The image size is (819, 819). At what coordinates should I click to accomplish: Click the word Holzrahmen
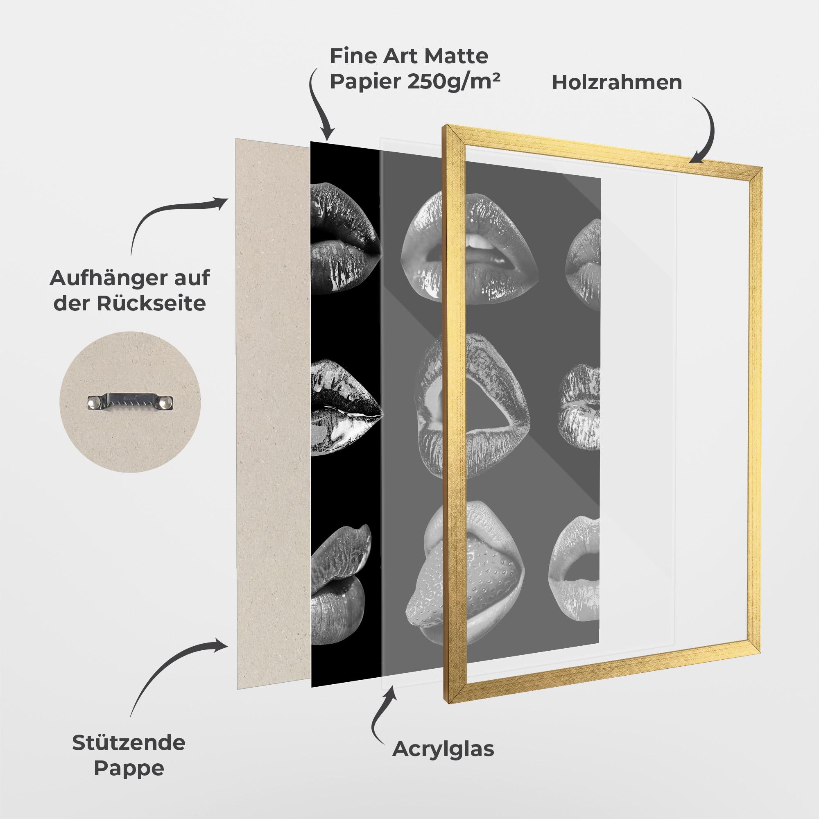pyautogui.click(x=617, y=83)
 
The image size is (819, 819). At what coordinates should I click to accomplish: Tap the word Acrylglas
pyautogui.click(x=443, y=749)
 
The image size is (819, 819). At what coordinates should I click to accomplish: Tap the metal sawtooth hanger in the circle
pyautogui.click(x=131, y=402)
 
